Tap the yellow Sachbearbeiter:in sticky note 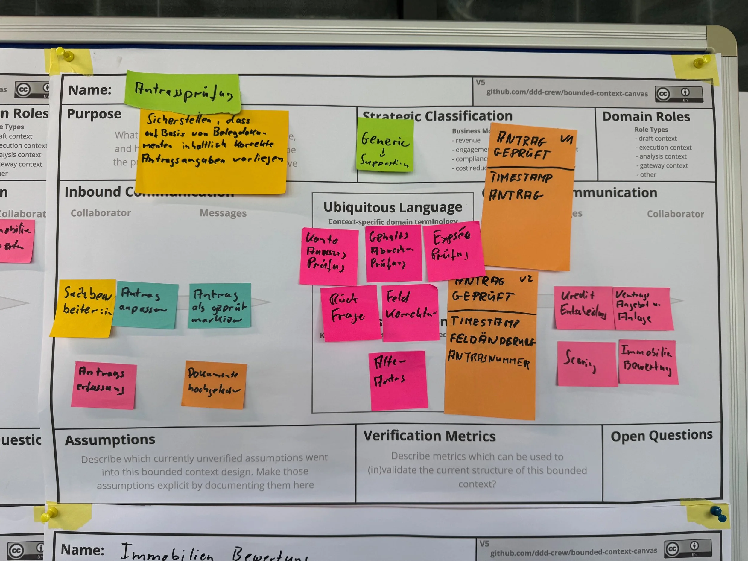pyautogui.click(x=85, y=308)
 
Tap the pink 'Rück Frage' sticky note pyautogui.click(x=350, y=312)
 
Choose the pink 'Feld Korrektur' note pyautogui.click(x=410, y=312)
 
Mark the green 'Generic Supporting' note pyautogui.click(x=385, y=145)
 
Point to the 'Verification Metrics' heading pyautogui.click(x=429, y=436)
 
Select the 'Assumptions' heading pyautogui.click(x=110, y=440)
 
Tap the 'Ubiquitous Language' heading pyautogui.click(x=393, y=207)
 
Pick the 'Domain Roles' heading pyautogui.click(x=646, y=117)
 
